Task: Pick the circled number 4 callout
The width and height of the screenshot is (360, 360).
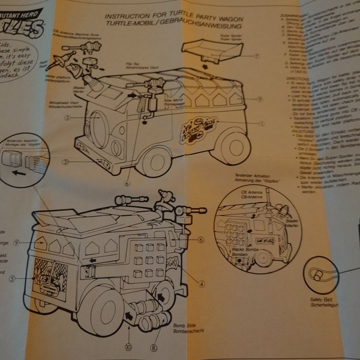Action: [x=202, y=284]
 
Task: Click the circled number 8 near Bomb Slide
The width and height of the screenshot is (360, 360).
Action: [x=154, y=346]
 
